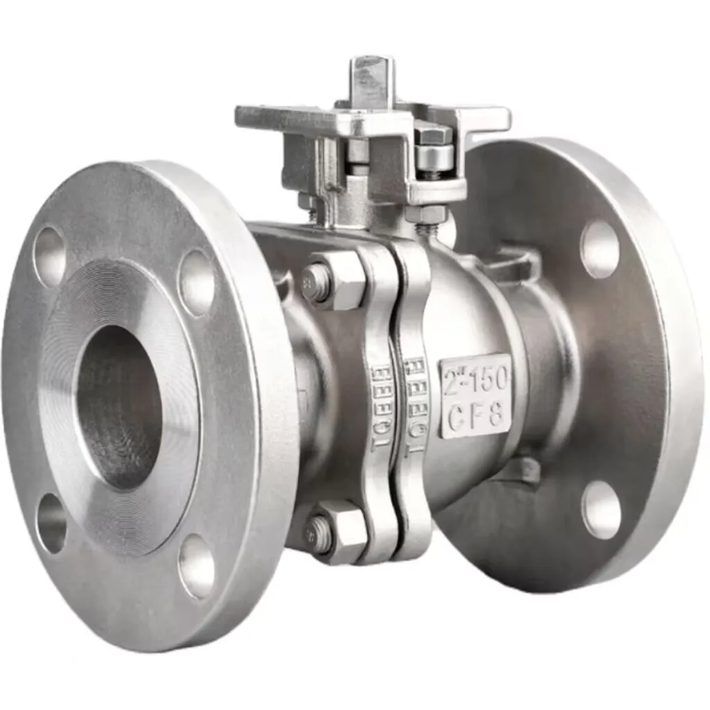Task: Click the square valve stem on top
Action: (372, 80)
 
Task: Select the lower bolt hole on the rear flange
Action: (600, 509)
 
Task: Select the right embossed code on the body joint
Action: (416, 406)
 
